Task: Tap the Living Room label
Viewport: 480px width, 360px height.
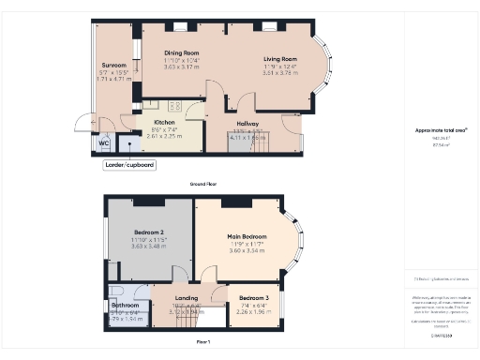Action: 279,59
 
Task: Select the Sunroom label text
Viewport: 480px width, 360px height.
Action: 113,65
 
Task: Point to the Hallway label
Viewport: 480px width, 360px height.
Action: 247,123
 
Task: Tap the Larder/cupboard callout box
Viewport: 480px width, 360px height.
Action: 129,165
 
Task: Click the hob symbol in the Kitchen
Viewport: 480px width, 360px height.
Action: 174,107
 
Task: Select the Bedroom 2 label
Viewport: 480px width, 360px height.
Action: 149,232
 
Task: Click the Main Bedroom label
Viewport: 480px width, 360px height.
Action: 247,236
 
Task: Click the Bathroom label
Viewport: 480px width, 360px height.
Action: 126,306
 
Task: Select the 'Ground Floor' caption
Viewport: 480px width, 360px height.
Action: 204,185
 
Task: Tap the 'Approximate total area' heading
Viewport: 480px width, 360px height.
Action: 441,130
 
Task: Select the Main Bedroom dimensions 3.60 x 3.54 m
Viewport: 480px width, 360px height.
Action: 247,250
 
